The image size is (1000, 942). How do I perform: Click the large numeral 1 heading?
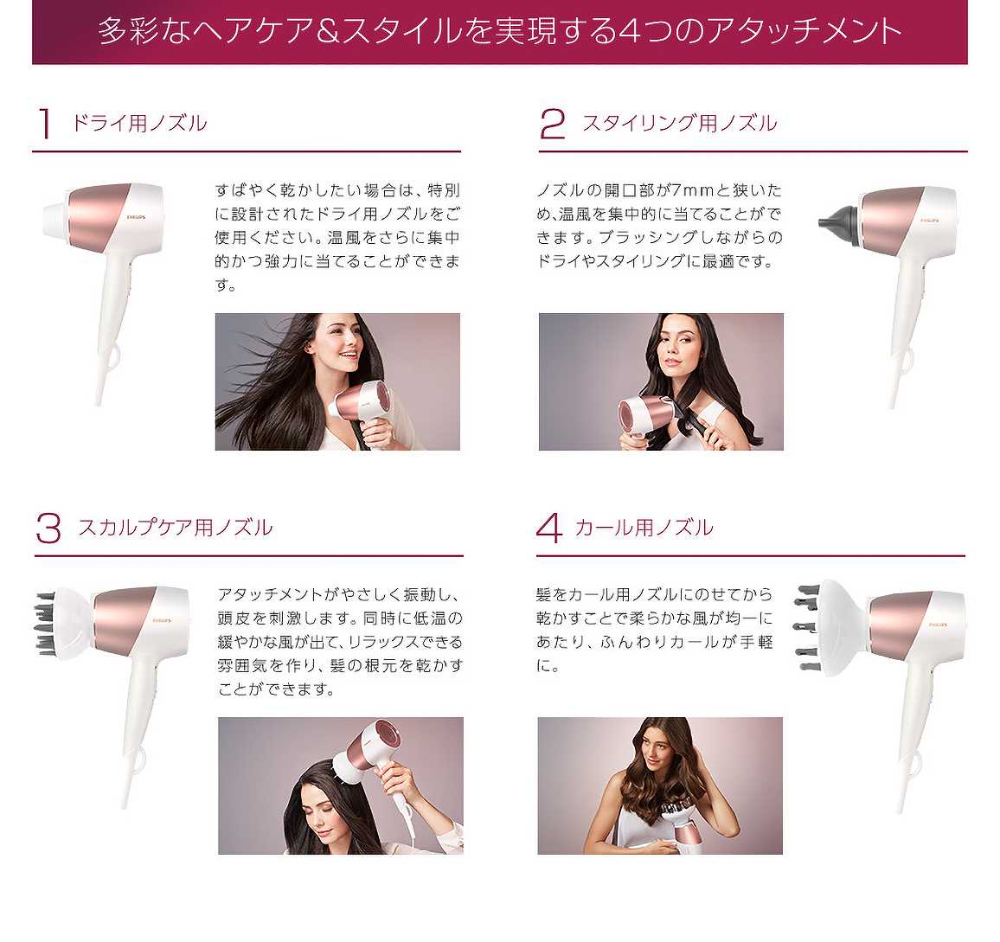click(45, 123)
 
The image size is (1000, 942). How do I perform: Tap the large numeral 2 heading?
click(552, 123)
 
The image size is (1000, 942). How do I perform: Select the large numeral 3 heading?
click(48, 528)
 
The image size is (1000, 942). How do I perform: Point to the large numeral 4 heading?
click(550, 528)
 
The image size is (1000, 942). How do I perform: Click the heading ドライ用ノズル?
click(139, 123)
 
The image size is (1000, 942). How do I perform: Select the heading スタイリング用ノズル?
click(680, 123)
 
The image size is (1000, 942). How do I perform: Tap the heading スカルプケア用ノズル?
click(176, 528)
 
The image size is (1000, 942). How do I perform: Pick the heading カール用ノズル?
click(644, 528)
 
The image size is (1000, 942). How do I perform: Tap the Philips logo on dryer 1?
click(136, 217)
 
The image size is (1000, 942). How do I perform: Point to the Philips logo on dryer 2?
click(929, 221)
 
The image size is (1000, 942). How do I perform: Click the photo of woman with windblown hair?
click(337, 381)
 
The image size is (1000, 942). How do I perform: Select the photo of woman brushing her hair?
click(661, 381)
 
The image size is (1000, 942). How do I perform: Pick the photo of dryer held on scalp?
click(341, 785)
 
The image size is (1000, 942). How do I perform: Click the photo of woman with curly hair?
click(660, 785)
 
